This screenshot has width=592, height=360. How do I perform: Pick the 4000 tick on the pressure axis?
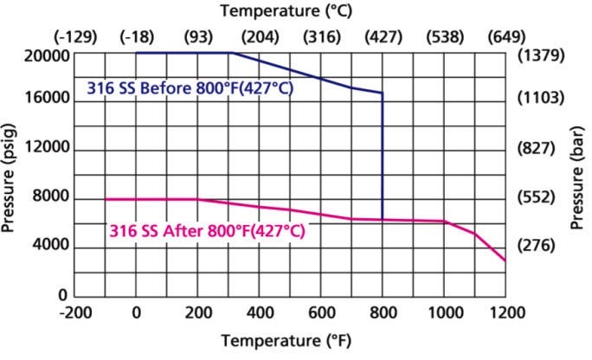click(48, 247)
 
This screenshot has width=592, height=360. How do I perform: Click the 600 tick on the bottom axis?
click(321, 312)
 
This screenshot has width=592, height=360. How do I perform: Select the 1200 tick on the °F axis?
click(505, 312)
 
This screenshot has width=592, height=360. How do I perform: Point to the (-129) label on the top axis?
click(75, 38)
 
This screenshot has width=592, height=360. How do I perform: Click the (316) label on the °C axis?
click(321, 38)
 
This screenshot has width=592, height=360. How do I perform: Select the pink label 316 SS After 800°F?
click(207, 231)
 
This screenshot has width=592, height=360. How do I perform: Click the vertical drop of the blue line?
click(383, 156)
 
